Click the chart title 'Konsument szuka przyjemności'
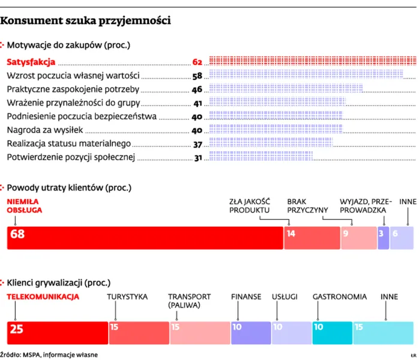[x=86, y=21]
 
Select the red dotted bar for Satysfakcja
[x=312, y=62]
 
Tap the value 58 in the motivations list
[x=197, y=76]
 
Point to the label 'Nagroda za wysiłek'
[x=48, y=130]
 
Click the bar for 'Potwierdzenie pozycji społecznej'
[x=261, y=157]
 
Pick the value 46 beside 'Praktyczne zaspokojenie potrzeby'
[x=197, y=89]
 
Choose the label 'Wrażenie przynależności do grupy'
[x=73, y=103]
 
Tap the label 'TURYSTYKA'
[x=127, y=296]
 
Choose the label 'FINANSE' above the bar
[x=246, y=296]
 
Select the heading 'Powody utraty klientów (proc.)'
[x=69, y=188]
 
